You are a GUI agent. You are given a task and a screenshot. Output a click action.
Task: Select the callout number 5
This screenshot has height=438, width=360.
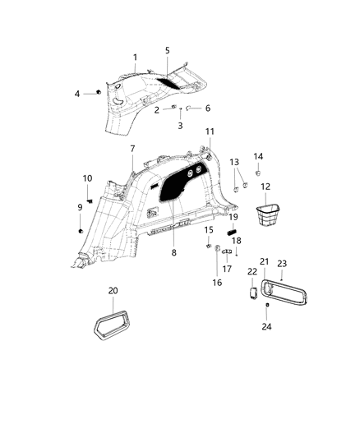click(167, 50)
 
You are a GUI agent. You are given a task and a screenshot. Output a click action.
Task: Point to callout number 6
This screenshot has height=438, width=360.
click(207, 108)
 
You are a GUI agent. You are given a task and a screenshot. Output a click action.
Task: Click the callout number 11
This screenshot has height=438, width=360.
click(210, 131)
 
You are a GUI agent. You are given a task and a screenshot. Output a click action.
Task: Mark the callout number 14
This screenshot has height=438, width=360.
click(258, 156)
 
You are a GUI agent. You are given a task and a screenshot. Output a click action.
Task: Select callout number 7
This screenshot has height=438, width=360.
click(132, 148)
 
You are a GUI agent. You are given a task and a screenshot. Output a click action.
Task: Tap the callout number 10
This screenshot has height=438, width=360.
click(87, 178)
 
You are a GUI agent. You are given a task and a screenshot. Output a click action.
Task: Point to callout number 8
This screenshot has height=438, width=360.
click(173, 253)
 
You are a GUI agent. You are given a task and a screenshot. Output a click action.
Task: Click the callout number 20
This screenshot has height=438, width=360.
click(113, 291)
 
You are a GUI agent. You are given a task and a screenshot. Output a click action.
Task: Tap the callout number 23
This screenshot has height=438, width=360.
click(282, 264)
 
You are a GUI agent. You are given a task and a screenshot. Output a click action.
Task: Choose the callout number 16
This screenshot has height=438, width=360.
click(218, 282)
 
